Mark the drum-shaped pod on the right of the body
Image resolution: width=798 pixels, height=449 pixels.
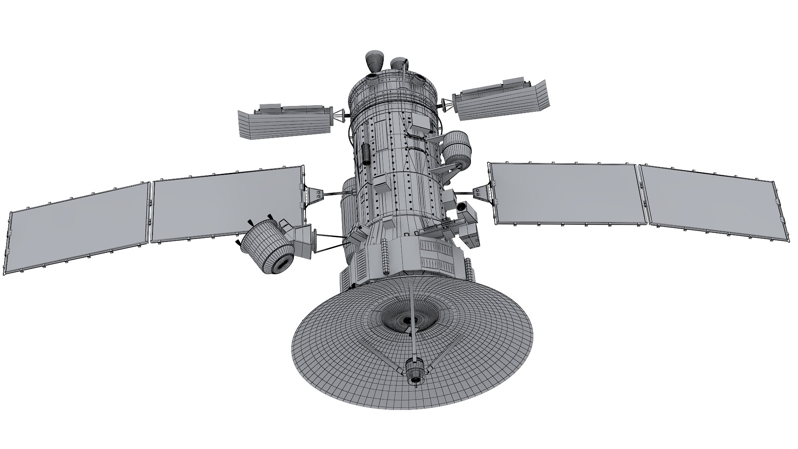coord(457,148)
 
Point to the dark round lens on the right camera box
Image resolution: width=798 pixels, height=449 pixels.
coord(461,206)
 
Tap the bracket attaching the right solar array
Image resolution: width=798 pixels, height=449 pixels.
coord(480,192)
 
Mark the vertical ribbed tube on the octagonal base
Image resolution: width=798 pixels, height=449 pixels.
coord(385,258)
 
